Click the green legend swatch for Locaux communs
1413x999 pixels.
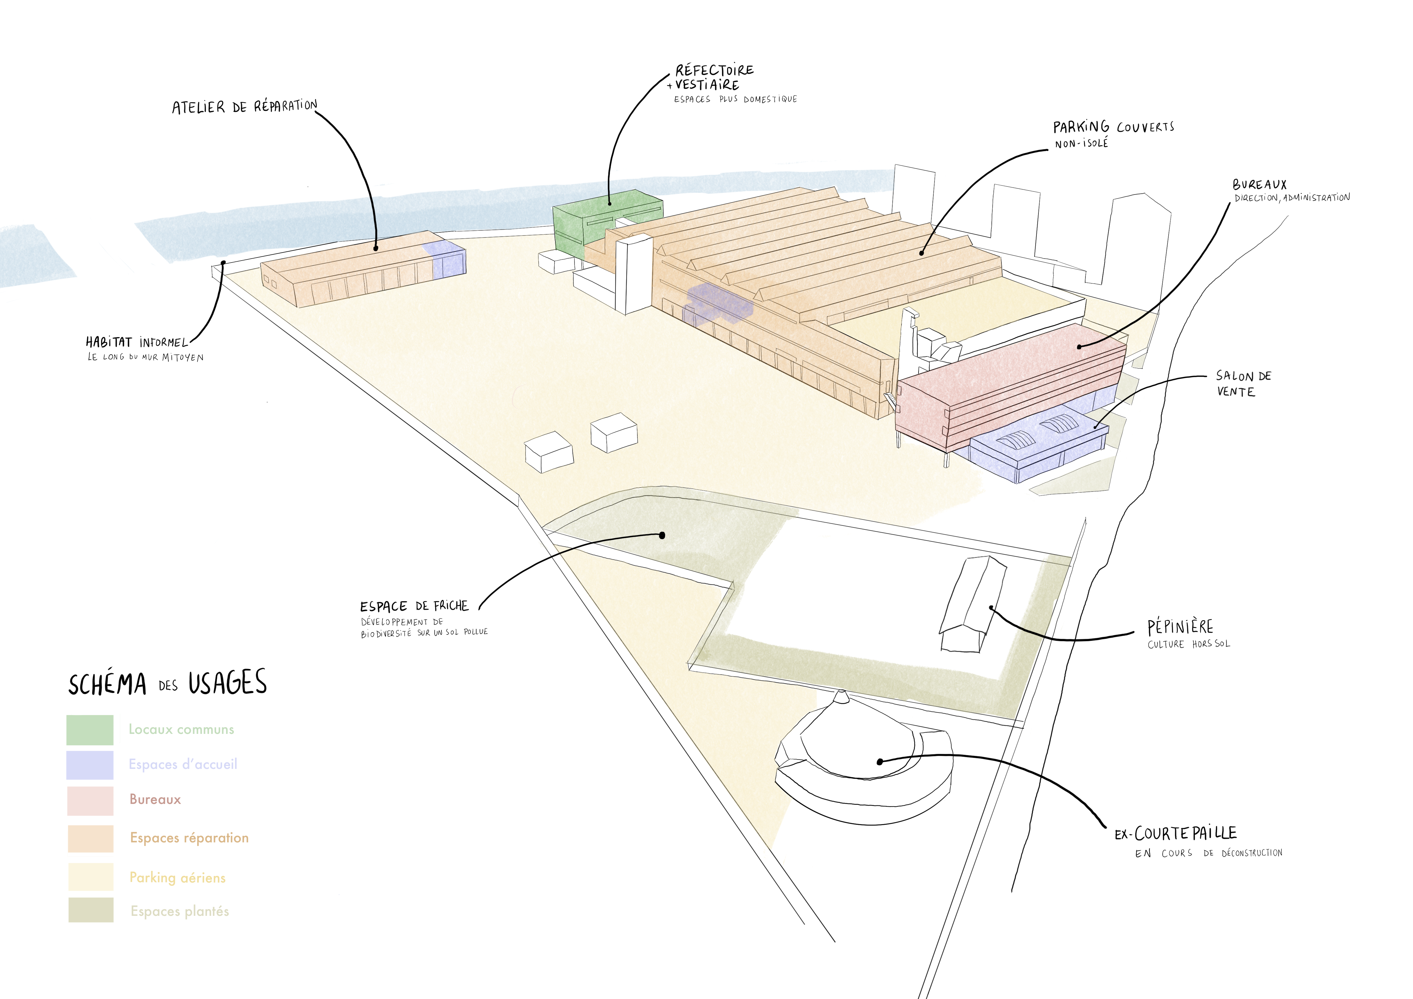pyautogui.click(x=90, y=730)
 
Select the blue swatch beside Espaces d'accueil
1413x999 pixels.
pyautogui.click(x=90, y=765)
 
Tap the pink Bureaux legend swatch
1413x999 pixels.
pyautogui.click(x=90, y=800)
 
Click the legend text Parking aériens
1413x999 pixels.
pyautogui.click(x=177, y=878)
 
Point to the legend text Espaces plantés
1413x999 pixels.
pyautogui.click(x=180, y=912)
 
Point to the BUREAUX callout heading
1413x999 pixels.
pyautogui.click(x=1259, y=185)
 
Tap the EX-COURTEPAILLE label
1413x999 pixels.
pyautogui.click(x=1175, y=834)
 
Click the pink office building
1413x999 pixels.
pyautogui.click(x=1009, y=388)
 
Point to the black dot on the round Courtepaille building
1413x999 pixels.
pyautogui.click(x=880, y=761)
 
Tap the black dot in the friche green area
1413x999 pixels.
pyautogui.click(x=662, y=535)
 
